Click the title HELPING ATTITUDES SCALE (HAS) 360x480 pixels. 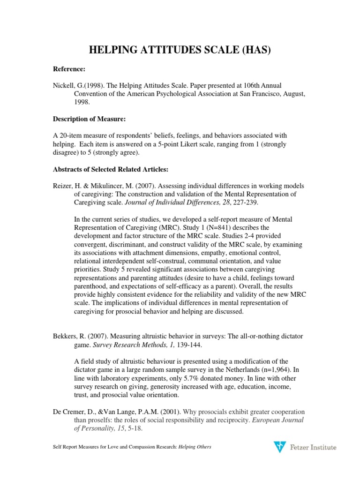click(180, 49)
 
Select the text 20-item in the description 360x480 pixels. click(71, 135)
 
